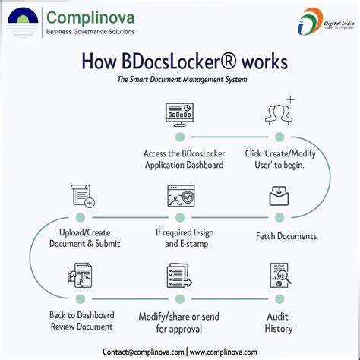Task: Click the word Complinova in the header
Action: click(90, 16)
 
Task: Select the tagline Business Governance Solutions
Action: click(91, 32)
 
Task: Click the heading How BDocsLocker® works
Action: click(180, 62)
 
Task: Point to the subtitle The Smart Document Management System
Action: click(180, 79)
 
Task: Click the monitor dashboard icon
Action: click(179, 113)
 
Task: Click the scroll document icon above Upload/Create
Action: click(81, 196)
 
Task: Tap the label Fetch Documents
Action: click(286, 236)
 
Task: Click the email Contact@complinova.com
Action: click(144, 352)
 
